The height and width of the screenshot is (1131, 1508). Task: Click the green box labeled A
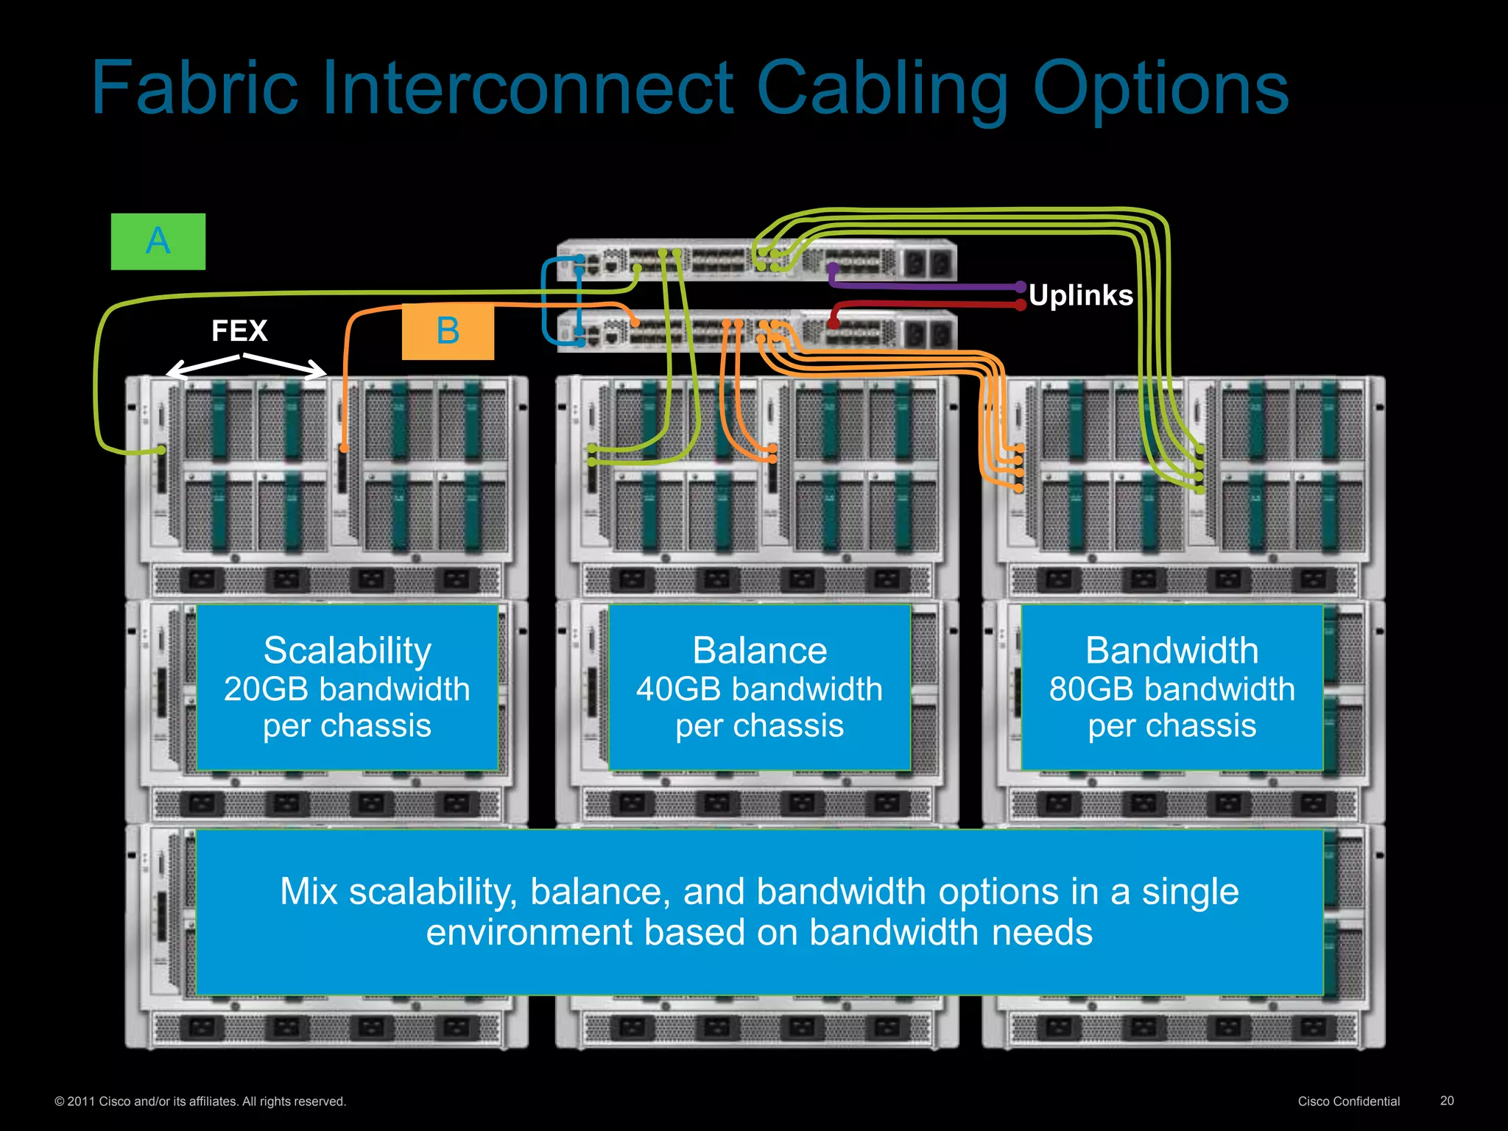click(x=158, y=242)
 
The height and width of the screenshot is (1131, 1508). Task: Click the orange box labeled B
click(x=448, y=331)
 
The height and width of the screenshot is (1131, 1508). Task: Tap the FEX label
click(x=239, y=331)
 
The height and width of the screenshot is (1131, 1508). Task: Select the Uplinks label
click(x=1080, y=295)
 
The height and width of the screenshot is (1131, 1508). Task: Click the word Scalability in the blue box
click(x=348, y=651)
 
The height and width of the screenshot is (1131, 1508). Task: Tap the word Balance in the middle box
click(x=759, y=651)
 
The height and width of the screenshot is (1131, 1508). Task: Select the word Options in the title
click(x=1160, y=90)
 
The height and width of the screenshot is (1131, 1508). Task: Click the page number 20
click(x=1446, y=1100)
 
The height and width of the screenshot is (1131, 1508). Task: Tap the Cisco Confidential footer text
click(x=1348, y=1101)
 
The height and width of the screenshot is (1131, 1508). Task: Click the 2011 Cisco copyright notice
click(x=200, y=1102)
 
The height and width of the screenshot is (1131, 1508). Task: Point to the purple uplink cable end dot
click(x=1020, y=286)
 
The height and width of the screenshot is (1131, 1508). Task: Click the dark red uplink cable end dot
click(x=1020, y=305)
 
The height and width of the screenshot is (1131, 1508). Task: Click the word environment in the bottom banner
click(x=529, y=932)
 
